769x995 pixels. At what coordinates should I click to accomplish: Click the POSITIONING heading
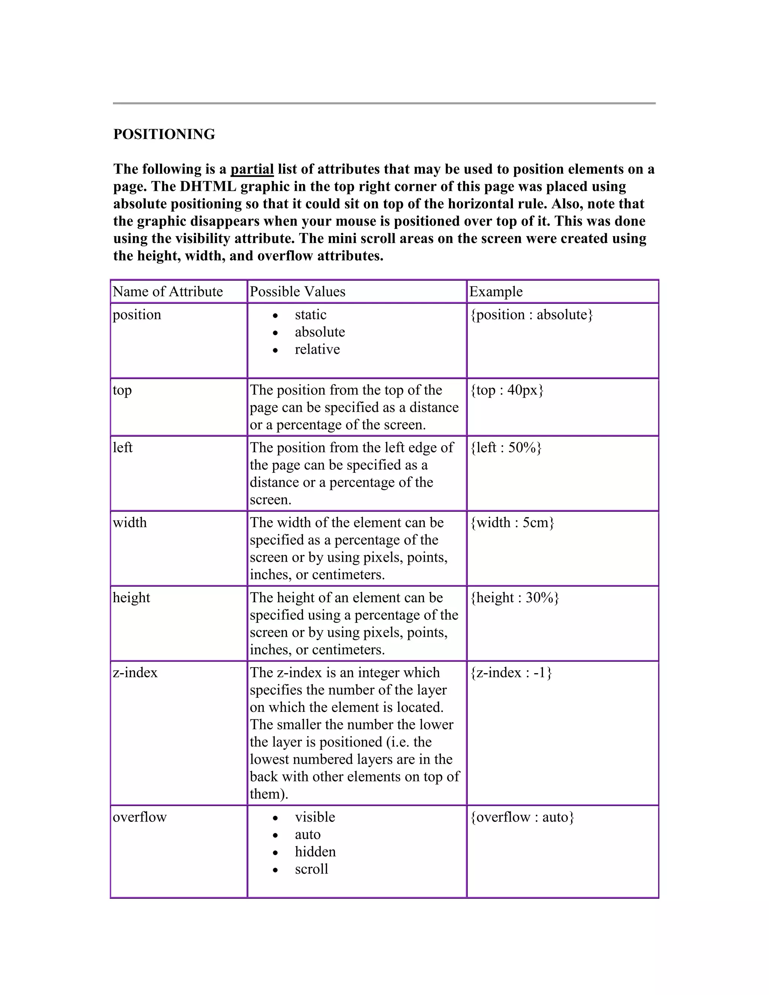164,134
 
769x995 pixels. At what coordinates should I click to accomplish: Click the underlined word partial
252,169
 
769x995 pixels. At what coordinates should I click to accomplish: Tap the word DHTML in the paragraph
208,187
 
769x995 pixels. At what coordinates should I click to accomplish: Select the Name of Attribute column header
167,292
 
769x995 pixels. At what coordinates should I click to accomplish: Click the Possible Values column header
297,292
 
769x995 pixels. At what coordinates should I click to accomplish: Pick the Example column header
496,292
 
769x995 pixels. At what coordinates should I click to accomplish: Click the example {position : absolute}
531,315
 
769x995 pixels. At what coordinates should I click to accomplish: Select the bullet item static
310,315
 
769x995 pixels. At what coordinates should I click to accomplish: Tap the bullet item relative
317,350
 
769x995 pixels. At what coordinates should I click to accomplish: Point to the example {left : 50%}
506,448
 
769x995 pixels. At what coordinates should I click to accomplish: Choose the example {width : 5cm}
512,523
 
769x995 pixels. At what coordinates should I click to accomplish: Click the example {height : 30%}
514,598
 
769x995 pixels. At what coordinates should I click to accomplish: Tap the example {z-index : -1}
511,673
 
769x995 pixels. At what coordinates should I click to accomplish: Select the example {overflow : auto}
522,817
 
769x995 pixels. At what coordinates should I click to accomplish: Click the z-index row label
135,673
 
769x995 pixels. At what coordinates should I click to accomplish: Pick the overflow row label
139,817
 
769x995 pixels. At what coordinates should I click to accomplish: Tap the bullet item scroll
311,869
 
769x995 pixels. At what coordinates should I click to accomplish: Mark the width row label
130,523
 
